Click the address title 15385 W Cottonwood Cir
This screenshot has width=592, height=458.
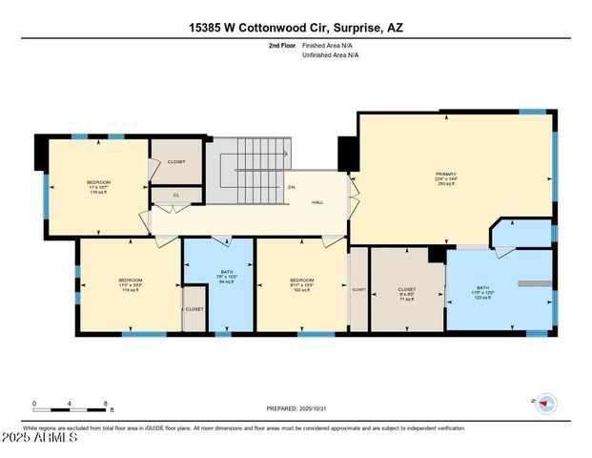[x=296, y=28]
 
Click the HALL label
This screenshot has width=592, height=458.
[x=318, y=202]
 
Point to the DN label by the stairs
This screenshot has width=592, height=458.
[x=291, y=186]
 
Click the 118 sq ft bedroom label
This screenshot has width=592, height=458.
[x=99, y=187]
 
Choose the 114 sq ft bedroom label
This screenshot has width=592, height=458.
[x=131, y=284]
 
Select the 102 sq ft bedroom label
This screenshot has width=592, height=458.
[x=301, y=284]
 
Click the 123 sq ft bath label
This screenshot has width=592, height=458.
[x=482, y=292]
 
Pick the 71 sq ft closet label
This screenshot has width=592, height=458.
[x=406, y=293]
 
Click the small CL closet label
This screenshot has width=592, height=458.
[x=175, y=196]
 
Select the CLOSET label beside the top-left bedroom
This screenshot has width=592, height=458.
[x=176, y=161]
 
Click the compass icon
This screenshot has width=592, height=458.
[x=546, y=403]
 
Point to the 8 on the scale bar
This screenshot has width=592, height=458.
[x=105, y=404]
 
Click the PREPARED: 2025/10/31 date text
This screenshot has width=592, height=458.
[x=296, y=408]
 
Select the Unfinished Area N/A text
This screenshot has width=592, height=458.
[x=330, y=55]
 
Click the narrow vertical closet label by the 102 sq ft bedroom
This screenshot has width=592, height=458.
[x=358, y=289]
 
